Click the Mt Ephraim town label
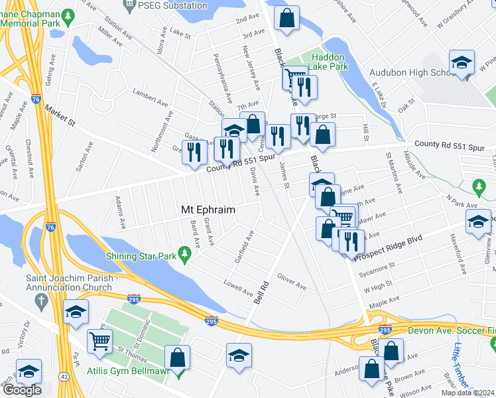[x=208, y=209]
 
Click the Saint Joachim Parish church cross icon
[x=41, y=300]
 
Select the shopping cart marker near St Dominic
[x=99, y=342]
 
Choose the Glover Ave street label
[x=292, y=281]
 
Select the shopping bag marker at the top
[x=287, y=19]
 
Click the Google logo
[x=21, y=390]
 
